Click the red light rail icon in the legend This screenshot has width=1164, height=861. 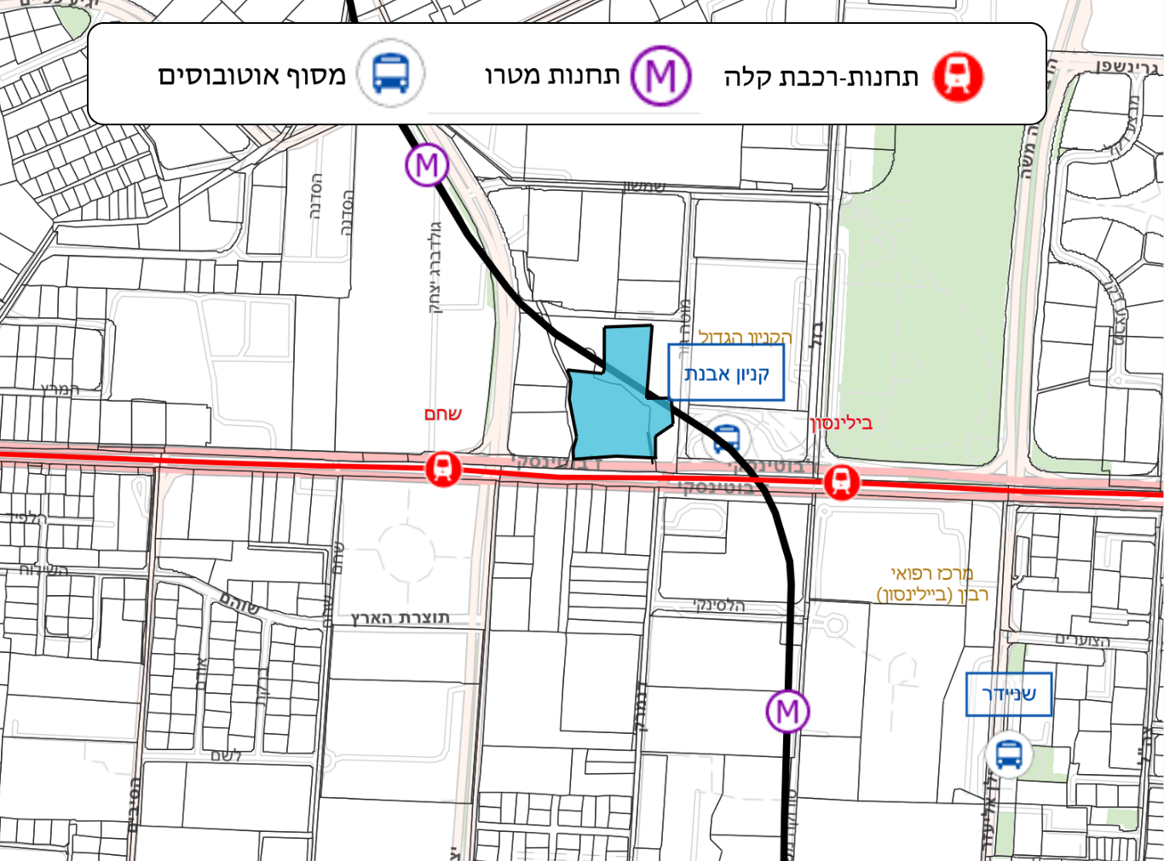958,77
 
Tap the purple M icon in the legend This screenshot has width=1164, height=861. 660,77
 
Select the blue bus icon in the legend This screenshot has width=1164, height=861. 391,74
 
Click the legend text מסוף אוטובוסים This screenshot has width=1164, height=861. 252,76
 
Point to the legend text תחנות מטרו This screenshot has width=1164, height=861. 552,76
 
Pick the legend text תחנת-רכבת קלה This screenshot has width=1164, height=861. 821,78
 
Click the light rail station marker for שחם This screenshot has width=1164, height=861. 442,469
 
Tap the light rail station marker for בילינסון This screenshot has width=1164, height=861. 841,482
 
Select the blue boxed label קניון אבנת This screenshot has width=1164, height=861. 726,373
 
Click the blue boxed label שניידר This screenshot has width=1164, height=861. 1009,694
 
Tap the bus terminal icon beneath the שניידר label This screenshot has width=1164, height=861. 1009,754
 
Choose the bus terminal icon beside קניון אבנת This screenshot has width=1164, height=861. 726,440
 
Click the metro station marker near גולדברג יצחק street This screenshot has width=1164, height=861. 427,165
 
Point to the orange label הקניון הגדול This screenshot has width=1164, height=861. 745,338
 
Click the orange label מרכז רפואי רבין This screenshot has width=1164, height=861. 932,584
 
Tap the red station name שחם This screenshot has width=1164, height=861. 443,414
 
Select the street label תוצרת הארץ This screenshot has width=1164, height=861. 400,617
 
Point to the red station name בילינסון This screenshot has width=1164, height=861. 841,423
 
